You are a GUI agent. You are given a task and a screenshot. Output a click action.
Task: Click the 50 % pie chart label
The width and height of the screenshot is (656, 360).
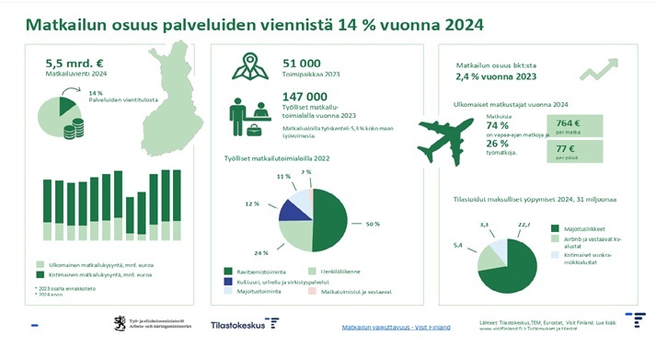click(373, 225)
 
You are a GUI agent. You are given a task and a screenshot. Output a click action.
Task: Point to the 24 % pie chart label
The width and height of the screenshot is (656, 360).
click(260, 251)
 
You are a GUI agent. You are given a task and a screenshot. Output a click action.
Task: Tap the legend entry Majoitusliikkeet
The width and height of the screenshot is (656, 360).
click(584, 227)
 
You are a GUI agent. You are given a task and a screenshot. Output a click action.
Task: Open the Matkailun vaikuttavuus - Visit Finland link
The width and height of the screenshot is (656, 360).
click(397, 327)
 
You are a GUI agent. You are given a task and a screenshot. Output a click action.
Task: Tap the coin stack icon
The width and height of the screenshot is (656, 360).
click(73, 130)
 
